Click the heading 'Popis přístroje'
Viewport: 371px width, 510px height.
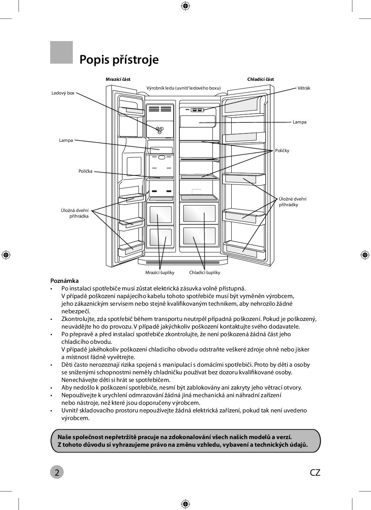click(x=119, y=60)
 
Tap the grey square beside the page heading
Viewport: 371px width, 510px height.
click(x=61, y=52)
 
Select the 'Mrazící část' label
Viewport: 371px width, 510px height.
click(x=118, y=79)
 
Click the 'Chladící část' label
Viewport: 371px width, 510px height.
click(x=260, y=79)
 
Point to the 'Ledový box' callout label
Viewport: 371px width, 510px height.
click(x=63, y=93)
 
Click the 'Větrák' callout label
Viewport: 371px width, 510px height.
click(x=304, y=88)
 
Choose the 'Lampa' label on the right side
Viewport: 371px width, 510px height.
click(x=299, y=122)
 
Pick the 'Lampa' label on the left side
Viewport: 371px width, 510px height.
click(x=66, y=140)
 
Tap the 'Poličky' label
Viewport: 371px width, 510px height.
click(x=282, y=151)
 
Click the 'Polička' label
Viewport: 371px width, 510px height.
click(x=85, y=171)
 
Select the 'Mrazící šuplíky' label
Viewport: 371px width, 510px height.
click(x=160, y=273)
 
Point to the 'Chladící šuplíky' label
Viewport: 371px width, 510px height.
click(x=205, y=273)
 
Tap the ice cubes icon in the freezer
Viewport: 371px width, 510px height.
click(x=160, y=130)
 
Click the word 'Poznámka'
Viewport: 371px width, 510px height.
click(x=65, y=281)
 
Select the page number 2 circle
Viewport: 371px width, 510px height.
click(x=57, y=472)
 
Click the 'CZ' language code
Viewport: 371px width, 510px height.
click(x=315, y=473)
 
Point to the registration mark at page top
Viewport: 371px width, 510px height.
click(x=185, y=6)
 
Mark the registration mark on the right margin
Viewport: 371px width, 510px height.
click(x=365, y=255)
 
